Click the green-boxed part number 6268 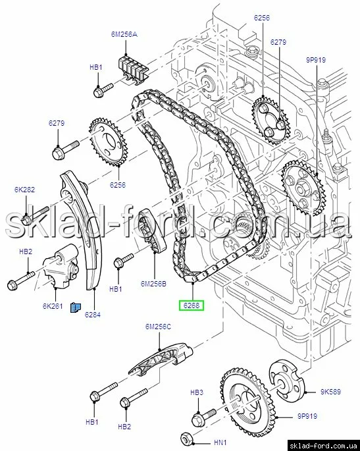[x=192, y=305]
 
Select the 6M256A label [x=124, y=34]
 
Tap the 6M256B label [x=153, y=284]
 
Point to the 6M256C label [x=158, y=327]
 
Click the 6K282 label [x=25, y=190]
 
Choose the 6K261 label [x=53, y=306]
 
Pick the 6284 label [x=93, y=315]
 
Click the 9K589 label [x=330, y=392]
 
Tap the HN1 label [x=220, y=442]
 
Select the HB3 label [x=197, y=392]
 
